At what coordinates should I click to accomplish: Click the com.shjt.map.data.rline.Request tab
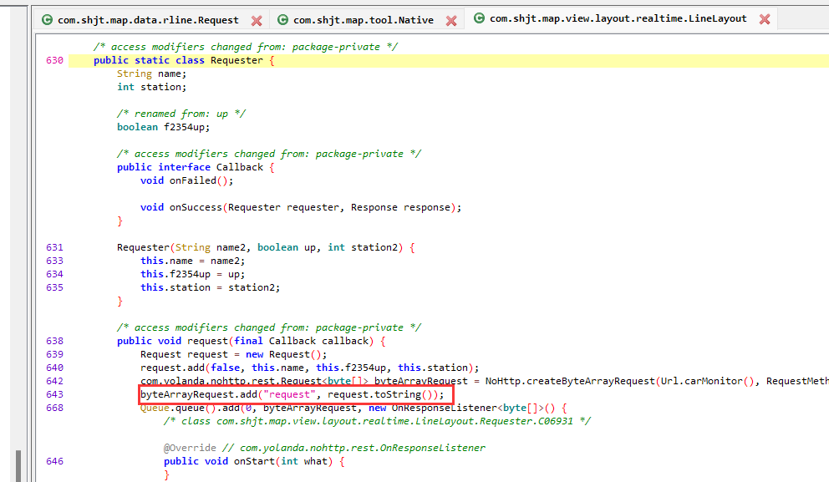click(x=148, y=20)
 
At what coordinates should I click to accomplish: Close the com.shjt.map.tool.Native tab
click(x=451, y=20)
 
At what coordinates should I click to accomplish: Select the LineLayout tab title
click(x=618, y=18)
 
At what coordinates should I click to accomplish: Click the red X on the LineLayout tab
click(x=765, y=19)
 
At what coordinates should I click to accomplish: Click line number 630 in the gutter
click(x=55, y=60)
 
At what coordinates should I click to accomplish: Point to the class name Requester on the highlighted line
click(x=236, y=60)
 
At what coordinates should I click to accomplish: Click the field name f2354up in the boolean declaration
click(x=186, y=127)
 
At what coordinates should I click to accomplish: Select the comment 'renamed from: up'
click(x=181, y=114)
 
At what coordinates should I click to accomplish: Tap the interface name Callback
click(x=239, y=167)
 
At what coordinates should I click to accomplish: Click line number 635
click(x=55, y=287)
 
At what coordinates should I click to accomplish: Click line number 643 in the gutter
click(x=55, y=394)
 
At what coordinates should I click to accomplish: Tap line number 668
click(x=55, y=408)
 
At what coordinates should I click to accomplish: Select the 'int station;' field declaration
click(x=151, y=87)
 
